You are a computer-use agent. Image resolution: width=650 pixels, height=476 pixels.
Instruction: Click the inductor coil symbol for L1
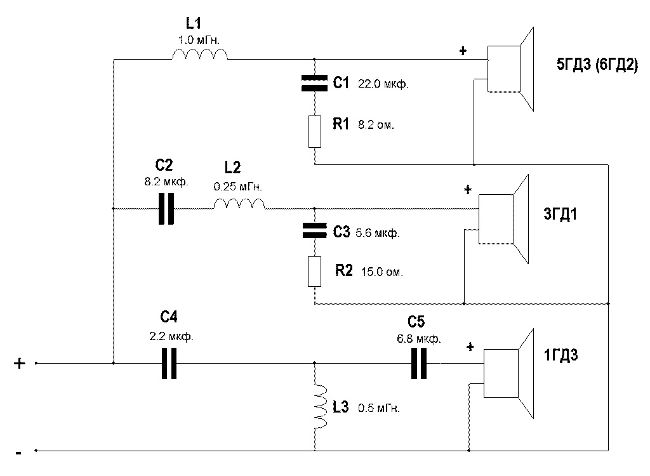click(199, 56)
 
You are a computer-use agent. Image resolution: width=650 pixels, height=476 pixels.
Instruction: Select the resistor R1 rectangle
click(314, 131)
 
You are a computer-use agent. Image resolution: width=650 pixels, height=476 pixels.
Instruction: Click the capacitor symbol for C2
click(166, 208)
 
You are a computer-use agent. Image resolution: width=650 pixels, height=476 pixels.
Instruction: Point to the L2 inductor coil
click(239, 204)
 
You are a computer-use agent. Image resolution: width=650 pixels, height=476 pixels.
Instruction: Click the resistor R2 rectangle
click(314, 271)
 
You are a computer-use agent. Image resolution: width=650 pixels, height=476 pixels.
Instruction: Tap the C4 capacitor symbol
click(169, 364)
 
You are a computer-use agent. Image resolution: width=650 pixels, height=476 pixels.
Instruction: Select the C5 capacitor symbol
click(418, 364)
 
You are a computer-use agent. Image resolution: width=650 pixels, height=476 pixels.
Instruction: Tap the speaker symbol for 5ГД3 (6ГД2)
click(512, 69)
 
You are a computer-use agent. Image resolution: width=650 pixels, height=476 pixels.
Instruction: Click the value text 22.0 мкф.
click(382, 84)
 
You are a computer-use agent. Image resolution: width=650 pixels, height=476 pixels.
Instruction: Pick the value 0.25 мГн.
click(239, 188)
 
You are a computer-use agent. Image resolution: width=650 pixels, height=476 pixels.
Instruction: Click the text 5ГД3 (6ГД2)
click(596, 65)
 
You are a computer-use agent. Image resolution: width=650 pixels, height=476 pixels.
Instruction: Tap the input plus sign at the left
click(20, 363)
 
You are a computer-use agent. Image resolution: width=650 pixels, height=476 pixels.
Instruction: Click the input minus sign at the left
click(19, 453)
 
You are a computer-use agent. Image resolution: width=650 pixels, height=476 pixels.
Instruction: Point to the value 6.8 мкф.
click(419, 338)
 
